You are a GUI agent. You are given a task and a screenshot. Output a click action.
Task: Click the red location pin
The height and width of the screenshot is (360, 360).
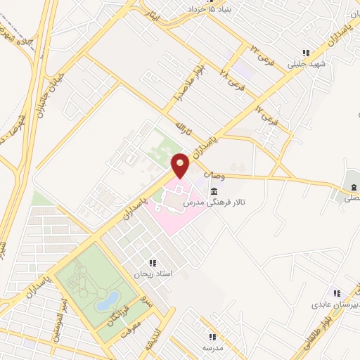(x=181, y=165)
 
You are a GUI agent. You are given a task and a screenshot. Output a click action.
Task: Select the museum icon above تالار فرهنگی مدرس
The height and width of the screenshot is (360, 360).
(x=213, y=191)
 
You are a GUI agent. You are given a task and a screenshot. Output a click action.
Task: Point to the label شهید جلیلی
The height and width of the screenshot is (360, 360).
(x=303, y=65)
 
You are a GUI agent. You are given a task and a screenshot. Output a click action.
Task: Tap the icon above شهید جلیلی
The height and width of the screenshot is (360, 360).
(x=305, y=53)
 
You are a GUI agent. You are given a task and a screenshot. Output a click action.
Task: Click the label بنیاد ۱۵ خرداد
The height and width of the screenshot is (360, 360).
(x=210, y=9)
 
